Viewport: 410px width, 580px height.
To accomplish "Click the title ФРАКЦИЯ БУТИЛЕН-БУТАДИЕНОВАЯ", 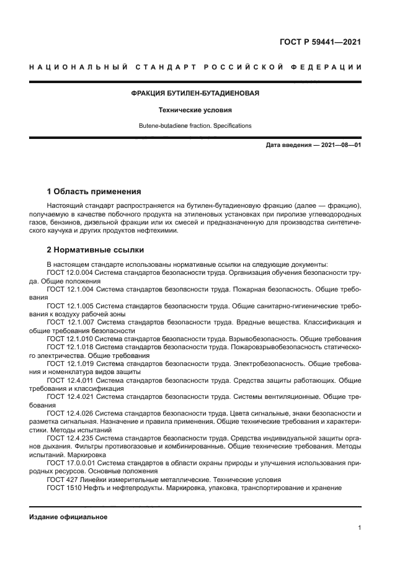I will (195, 93).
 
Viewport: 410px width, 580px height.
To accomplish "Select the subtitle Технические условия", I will (195, 110).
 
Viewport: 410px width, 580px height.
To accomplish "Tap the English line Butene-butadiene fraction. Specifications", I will (195, 126).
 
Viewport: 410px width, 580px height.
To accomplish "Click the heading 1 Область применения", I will (94, 191).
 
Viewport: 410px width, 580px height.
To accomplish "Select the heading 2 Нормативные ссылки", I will (96, 250).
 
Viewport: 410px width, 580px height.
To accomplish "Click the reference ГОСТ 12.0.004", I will (70, 273).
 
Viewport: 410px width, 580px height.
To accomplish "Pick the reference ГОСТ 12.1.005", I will (70, 306).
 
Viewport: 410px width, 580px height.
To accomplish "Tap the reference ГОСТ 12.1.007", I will (70, 323).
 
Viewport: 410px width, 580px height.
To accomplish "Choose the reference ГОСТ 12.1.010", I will (70, 339).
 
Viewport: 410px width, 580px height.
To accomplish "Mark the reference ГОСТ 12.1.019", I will (70, 364).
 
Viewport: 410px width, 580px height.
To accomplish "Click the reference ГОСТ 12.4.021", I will (70, 396).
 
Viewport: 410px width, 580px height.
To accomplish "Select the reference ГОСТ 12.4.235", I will (70, 437).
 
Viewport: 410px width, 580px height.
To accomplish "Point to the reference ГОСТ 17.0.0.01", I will (71, 462).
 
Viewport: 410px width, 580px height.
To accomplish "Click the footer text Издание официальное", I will (68, 517).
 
